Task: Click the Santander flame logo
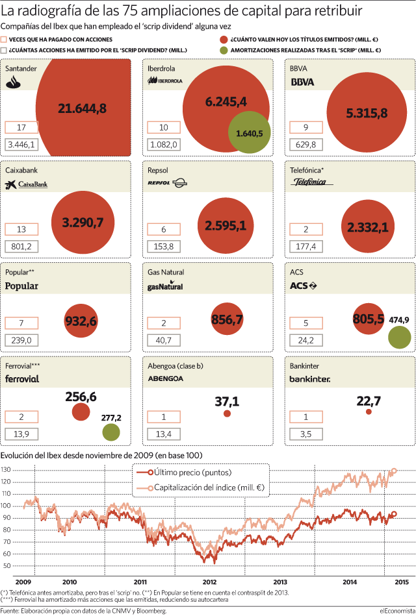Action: tap(14, 82)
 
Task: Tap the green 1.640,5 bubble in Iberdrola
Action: tap(250, 132)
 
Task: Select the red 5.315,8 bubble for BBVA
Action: tap(367, 113)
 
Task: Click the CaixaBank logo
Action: tap(27, 184)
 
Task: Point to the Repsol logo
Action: tap(167, 182)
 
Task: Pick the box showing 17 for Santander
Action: tap(21, 127)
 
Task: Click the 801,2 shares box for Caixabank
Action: tap(21, 247)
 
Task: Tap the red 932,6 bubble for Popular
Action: tap(81, 321)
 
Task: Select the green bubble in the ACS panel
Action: tap(400, 337)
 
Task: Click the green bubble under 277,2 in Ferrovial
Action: tap(111, 432)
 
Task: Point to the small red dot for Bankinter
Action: tap(369, 412)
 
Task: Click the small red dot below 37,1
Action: tap(227, 413)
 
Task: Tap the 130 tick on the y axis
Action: tap(5, 470)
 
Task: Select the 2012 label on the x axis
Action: tap(209, 582)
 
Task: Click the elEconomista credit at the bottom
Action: tap(396, 611)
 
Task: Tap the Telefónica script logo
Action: tap(312, 182)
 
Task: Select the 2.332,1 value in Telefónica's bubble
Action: tap(368, 227)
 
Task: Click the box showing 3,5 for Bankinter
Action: tap(305, 434)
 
